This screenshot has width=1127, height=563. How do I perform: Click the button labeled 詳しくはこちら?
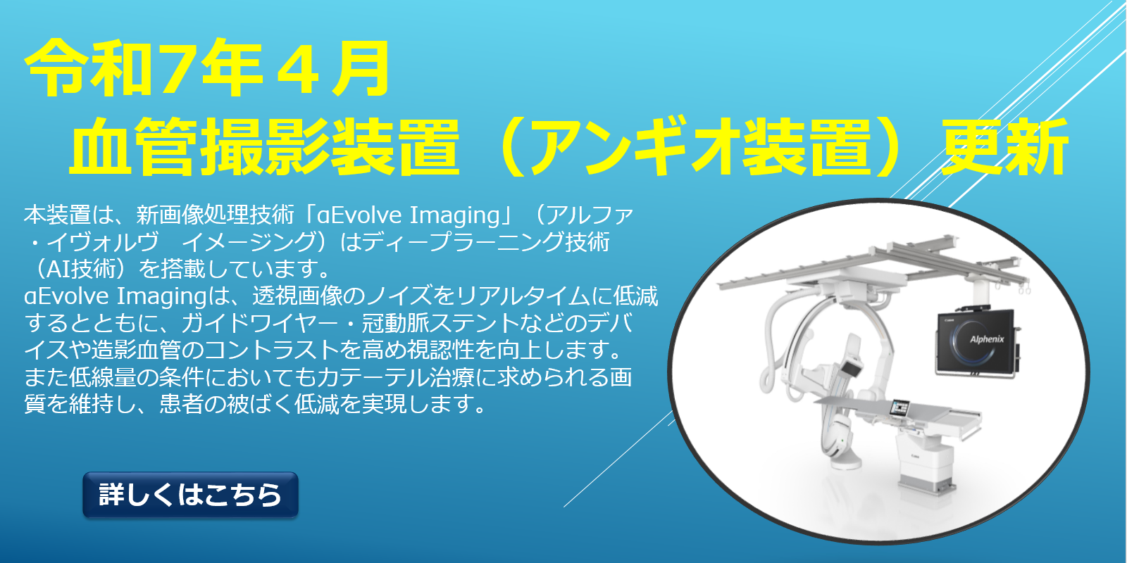pyautogui.click(x=191, y=495)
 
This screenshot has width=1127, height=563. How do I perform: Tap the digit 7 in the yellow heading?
pyautogui.click(x=175, y=69)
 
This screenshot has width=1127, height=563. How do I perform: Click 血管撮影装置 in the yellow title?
pyautogui.click(x=264, y=146)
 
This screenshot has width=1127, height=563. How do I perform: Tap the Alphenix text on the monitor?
pyautogui.click(x=987, y=339)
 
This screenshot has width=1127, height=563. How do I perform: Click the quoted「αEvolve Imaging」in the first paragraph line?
pyautogui.click(x=408, y=215)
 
